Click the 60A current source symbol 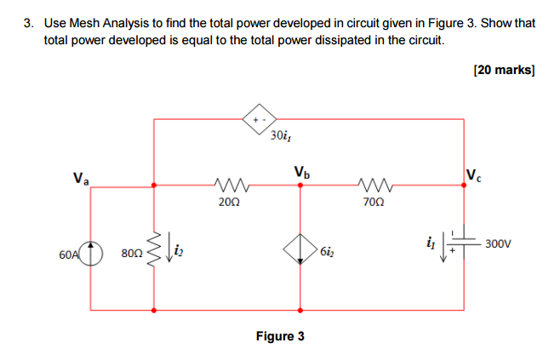pyautogui.click(x=91, y=253)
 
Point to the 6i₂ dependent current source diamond pyautogui.click(x=300, y=250)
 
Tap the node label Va pyautogui.click(x=82, y=180)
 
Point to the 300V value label pyautogui.click(x=498, y=243)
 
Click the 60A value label pyautogui.click(x=69, y=254)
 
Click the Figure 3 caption pyautogui.click(x=280, y=336)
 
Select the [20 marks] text pyautogui.click(x=503, y=70)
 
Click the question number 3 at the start pyautogui.click(x=28, y=23)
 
